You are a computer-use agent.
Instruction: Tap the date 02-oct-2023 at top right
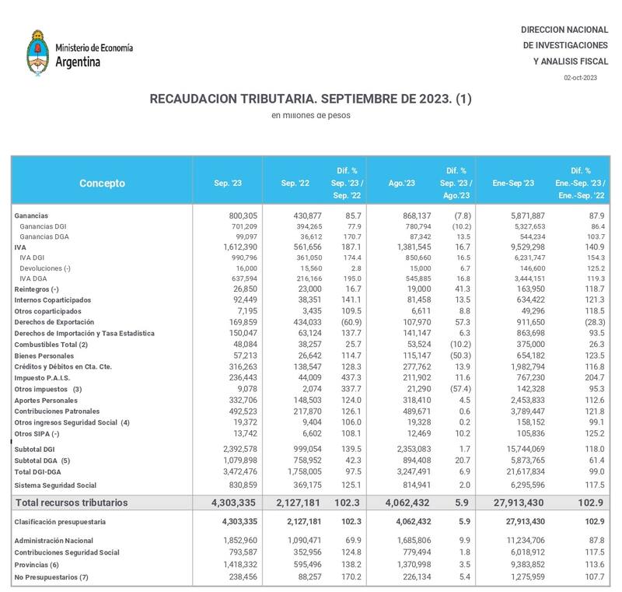[x=581, y=77]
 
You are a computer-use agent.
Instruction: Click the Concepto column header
[x=101, y=184]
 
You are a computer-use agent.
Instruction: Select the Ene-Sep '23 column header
[x=512, y=184]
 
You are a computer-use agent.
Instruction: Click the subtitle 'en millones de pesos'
[x=311, y=115]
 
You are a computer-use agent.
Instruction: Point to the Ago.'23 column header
[x=401, y=184]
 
